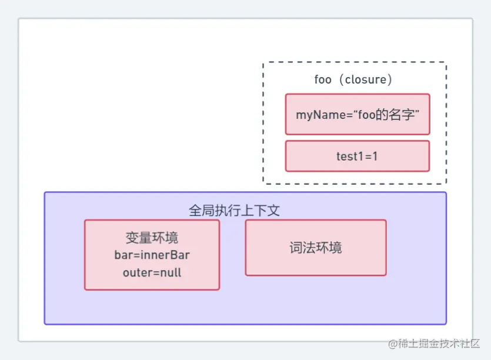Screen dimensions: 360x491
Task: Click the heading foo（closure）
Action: tap(353, 79)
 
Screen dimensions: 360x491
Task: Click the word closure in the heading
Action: tap(366, 79)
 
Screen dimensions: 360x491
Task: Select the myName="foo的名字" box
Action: tap(358, 114)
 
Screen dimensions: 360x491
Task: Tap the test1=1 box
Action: tap(358, 156)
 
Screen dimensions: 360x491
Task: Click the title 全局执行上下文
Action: tap(233, 211)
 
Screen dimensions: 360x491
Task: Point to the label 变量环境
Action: tap(152, 238)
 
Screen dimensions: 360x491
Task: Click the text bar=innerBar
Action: tap(152, 255)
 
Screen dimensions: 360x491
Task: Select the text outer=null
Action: tap(152, 272)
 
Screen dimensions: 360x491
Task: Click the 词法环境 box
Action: tap(316, 248)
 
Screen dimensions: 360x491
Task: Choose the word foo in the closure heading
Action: tap(323, 79)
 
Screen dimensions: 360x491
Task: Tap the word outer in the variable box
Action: tap(135, 272)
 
